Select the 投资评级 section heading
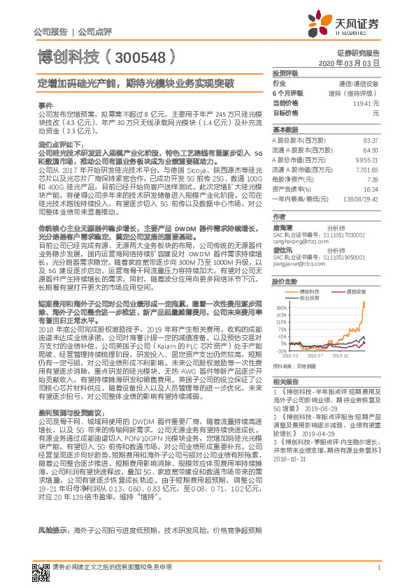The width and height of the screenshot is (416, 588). tap(285, 73)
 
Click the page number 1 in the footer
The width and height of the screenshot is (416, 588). tap(378, 575)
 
